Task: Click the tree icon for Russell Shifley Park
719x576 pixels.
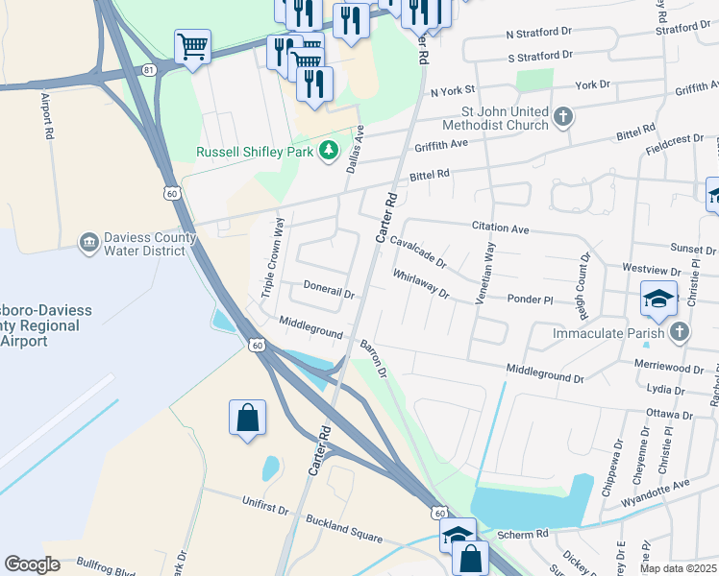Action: (330, 151)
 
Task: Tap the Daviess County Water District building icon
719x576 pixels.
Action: (89, 240)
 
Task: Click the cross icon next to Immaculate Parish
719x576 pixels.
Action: (680, 332)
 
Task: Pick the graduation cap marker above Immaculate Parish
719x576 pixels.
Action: (658, 299)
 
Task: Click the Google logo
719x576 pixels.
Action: (32, 564)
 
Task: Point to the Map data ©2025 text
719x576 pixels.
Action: (677, 568)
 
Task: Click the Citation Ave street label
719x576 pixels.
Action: (500, 228)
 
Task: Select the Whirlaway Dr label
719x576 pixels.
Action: (421, 284)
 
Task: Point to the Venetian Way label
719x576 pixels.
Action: (488, 274)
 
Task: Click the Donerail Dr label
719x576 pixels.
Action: (329, 287)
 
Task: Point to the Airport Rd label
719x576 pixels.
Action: (45, 116)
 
